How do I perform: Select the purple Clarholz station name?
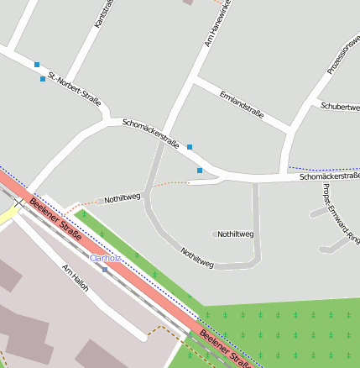tap(106, 258)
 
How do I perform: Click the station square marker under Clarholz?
tap(105, 269)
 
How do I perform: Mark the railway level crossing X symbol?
tap(18, 202)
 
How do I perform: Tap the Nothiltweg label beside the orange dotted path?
tap(122, 198)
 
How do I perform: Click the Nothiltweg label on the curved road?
tap(197, 258)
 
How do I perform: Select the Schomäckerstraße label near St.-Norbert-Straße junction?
tap(150, 133)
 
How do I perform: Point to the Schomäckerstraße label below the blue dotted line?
tap(329, 176)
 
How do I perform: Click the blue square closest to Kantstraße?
tap(36, 64)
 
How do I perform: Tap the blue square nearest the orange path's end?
tap(200, 171)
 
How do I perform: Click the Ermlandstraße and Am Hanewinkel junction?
tap(195, 81)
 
